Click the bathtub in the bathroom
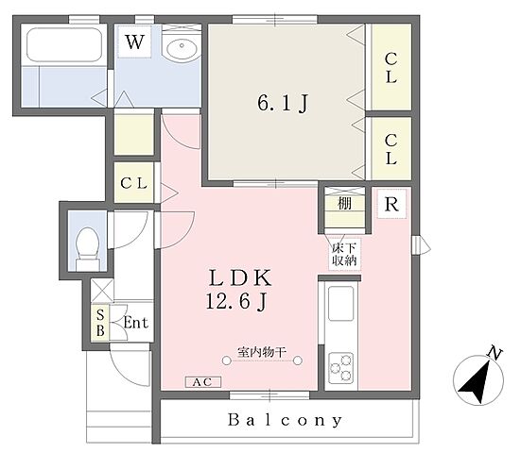(64, 44)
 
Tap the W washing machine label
(135, 42)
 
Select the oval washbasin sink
(182, 48)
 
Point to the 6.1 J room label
(283, 103)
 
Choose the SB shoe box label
(100, 323)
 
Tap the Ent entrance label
(135, 323)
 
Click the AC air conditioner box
(203, 382)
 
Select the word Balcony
(285, 420)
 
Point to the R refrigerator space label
(391, 204)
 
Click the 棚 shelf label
(344, 203)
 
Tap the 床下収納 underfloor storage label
(344, 255)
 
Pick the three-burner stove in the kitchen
(341, 368)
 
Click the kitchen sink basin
(341, 304)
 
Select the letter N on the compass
(495, 354)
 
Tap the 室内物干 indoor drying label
(262, 352)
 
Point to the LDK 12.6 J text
(239, 290)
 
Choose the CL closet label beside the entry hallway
(133, 183)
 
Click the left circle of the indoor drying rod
(226, 361)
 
